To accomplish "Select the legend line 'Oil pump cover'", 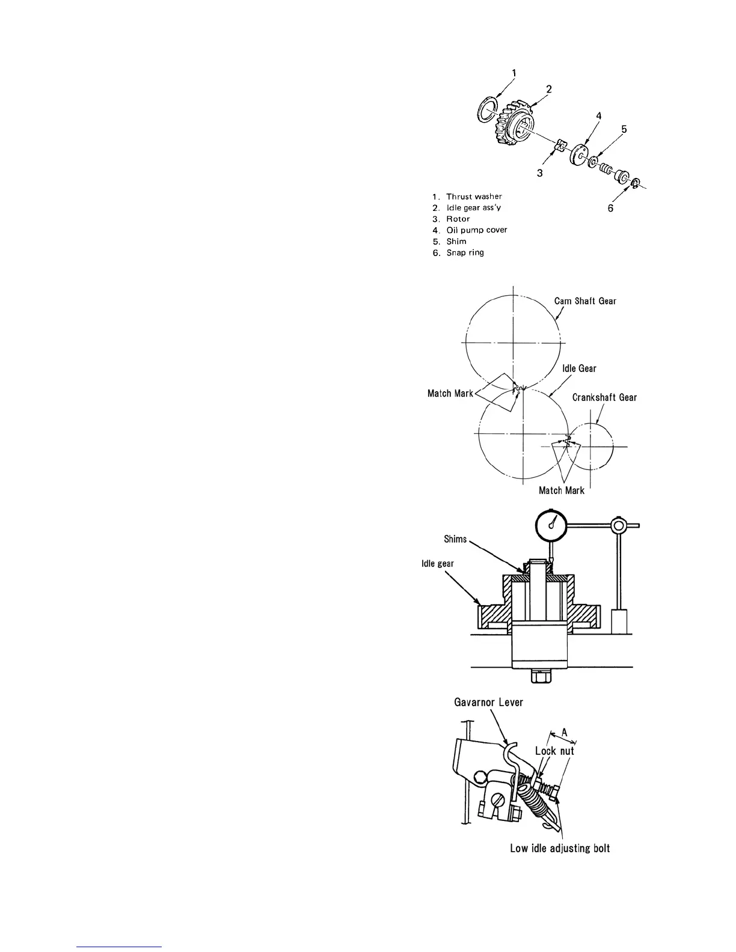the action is [x=476, y=230].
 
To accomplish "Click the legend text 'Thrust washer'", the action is [x=474, y=197].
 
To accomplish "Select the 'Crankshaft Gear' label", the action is [x=604, y=397].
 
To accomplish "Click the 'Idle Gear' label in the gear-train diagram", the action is [x=579, y=368].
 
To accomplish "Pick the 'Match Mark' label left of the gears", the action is [x=450, y=394].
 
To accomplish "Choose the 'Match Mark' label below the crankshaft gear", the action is [x=561, y=490].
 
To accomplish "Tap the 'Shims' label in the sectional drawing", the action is [x=455, y=539].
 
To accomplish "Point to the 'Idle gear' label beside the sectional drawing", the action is [x=438, y=563].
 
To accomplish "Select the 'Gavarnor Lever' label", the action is [x=488, y=702].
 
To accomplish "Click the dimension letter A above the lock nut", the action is [x=563, y=732].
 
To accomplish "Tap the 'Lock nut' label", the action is [x=554, y=751].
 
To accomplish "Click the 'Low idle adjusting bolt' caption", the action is [x=560, y=848].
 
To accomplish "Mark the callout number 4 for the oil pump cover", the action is [x=599, y=115].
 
